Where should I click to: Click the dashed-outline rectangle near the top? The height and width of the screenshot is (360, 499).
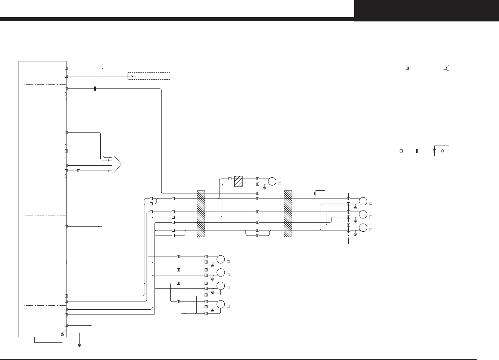point(149,76)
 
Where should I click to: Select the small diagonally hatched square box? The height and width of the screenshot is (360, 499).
point(238,181)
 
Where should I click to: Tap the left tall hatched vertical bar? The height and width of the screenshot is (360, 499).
point(201,213)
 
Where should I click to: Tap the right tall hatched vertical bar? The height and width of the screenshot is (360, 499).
point(288,213)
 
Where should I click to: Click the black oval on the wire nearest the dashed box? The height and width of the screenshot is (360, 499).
point(95,89)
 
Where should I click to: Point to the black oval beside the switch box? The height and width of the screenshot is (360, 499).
point(417,151)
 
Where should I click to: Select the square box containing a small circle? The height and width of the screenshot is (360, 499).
point(442,151)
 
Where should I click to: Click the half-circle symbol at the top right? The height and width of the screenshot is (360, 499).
point(448,68)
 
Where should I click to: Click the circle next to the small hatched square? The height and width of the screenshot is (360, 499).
point(272,181)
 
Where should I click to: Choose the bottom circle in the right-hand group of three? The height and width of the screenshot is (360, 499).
point(363,227)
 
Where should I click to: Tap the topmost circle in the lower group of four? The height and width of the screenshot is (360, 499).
point(220,259)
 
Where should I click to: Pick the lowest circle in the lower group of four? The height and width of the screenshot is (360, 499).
point(220,304)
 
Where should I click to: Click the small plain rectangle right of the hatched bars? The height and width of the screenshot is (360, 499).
point(320,193)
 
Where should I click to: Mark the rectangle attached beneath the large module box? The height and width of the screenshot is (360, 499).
point(48,340)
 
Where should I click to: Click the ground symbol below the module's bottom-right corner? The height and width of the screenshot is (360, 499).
point(79,345)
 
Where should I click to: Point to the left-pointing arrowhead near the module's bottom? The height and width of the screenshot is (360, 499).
point(90,325)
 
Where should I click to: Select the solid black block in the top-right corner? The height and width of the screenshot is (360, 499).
point(426,10)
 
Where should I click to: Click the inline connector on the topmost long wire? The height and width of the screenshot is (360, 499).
point(407,68)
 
